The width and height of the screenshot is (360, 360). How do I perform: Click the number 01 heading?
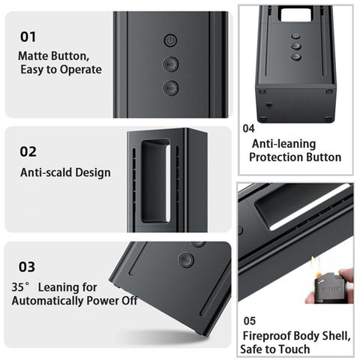point(28,37)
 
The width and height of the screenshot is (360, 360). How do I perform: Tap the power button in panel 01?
point(170,40)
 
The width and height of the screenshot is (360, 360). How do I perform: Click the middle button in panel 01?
point(170,64)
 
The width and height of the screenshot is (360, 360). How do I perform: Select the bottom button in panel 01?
point(170,88)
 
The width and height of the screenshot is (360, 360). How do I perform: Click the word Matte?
point(33,55)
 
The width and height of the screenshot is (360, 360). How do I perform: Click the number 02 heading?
point(28,151)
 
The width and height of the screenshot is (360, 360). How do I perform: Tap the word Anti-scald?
point(46,172)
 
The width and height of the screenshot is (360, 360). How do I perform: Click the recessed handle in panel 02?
point(156,181)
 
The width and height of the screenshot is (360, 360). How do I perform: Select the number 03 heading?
point(27,267)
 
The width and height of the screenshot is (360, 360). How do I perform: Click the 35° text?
point(21,287)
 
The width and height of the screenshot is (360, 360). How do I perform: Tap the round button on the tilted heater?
point(186,260)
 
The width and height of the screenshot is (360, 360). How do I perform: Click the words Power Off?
point(112,301)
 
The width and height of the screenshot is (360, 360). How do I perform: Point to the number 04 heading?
point(249,128)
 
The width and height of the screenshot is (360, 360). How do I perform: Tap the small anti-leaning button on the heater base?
point(269,105)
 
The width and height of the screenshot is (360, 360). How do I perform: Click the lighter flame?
point(315,266)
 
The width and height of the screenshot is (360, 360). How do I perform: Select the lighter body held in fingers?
point(327,288)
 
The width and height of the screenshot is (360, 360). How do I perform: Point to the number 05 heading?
point(250,321)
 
